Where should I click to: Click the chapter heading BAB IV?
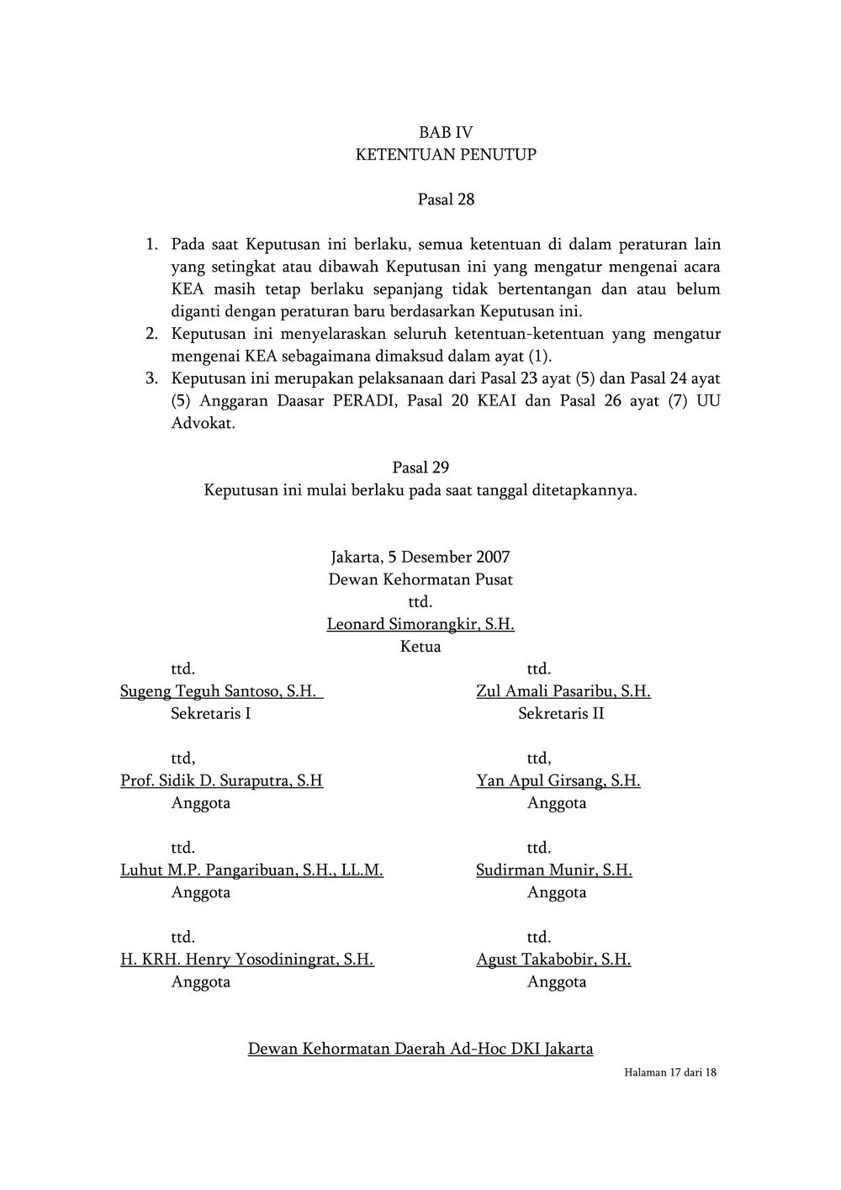[x=446, y=132]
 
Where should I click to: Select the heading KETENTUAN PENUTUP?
[x=446, y=155]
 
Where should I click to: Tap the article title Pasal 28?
[x=446, y=199]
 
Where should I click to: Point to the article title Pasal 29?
[x=420, y=468]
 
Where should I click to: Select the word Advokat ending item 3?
[x=203, y=423]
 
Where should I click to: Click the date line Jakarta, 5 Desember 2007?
[x=420, y=557]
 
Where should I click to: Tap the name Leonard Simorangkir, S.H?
[x=420, y=624]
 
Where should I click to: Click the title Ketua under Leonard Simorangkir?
[x=420, y=647]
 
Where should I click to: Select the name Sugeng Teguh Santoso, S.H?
[x=219, y=691]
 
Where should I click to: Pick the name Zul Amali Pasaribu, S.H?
[x=563, y=691]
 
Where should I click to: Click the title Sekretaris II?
[x=561, y=714]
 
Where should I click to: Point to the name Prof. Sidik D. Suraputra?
[x=221, y=780]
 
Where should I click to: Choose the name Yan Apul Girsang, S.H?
[x=558, y=780]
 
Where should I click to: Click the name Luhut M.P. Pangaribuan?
[x=251, y=870]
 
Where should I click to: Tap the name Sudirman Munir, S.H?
[x=553, y=870]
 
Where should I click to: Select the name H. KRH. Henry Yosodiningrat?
[x=247, y=960]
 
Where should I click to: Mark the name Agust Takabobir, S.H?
[x=553, y=960]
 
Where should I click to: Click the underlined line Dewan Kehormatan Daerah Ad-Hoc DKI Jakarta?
[x=420, y=1049]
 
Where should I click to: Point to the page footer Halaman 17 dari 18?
[x=670, y=1073]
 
